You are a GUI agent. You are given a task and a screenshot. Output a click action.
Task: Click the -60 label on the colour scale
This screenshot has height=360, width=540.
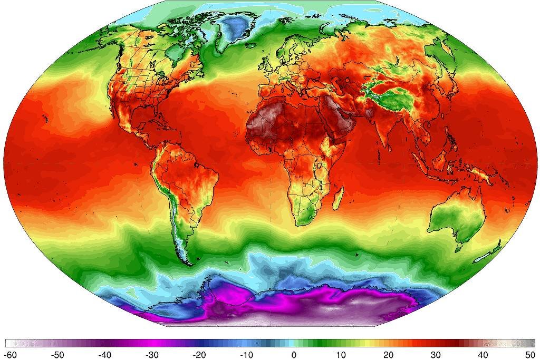coord(11,355)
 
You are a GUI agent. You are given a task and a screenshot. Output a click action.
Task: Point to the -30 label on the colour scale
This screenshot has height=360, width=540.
coord(152,355)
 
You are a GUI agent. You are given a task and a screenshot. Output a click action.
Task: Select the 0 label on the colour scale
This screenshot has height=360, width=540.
coord(294,355)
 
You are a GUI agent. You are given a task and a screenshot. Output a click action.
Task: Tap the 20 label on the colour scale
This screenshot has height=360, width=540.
coord(388,355)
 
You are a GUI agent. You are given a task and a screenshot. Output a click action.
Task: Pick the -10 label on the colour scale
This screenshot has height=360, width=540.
coord(247,355)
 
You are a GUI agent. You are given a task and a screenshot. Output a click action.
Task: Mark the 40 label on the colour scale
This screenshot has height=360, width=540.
coord(483,355)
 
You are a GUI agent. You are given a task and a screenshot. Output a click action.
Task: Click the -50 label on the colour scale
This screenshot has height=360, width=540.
coord(58,355)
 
